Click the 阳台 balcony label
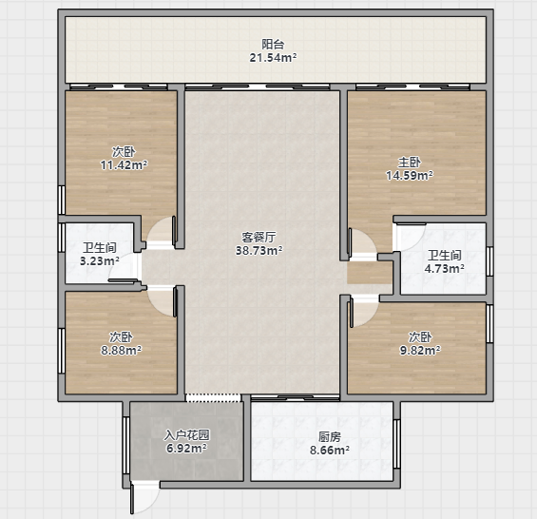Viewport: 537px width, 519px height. (x=273, y=44)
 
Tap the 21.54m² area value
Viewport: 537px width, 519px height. (x=273, y=58)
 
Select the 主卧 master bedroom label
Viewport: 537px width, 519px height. (x=410, y=162)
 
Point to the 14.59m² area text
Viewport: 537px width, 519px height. (x=410, y=176)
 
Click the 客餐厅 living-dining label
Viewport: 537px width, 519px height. (x=259, y=237)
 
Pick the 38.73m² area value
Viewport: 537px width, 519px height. (x=259, y=250)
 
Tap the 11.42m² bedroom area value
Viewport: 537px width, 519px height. (x=124, y=164)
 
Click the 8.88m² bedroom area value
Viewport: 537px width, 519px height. (x=122, y=350)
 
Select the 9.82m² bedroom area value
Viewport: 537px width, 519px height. (x=420, y=350)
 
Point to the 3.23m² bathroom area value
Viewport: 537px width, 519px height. (x=100, y=260)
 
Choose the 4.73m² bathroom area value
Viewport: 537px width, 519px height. (x=445, y=268)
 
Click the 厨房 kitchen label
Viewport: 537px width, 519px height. (x=330, y=436)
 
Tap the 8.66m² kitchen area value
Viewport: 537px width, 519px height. (x=330, y=450)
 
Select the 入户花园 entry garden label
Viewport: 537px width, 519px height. (x=186, y=434)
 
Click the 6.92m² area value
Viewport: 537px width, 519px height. (x=186, y=448)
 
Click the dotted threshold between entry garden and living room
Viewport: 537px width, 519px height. (x=213, y=397)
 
